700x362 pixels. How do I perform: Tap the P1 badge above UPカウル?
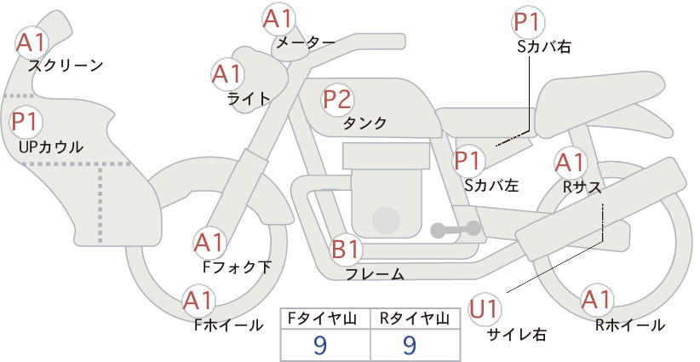click(x=28, y=122)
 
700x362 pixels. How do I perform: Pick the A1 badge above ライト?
click(x=227, y=75)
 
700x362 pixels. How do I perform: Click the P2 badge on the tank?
click(x=337, y=100)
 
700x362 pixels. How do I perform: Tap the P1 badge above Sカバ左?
click(x=469, y=159)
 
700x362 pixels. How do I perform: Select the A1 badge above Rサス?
click(x=571, y=161)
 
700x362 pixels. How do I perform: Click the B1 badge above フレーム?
click(x=347, y=250)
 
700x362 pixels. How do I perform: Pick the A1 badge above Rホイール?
click(x=598, y=300)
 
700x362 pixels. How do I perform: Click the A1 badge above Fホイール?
click(x=200, y=301)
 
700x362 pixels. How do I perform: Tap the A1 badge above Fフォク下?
click(x=209, y=244)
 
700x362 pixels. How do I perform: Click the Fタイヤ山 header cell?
click(x=325, y=319)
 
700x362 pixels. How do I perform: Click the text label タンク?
click(x=364, y=124)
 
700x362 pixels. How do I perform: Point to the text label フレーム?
click(x=375, y=274)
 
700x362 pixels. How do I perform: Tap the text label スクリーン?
click(x=66, y=66)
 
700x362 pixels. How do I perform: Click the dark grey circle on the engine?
click(x=387, y=220)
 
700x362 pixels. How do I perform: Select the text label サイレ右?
click(x=517, y=335)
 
